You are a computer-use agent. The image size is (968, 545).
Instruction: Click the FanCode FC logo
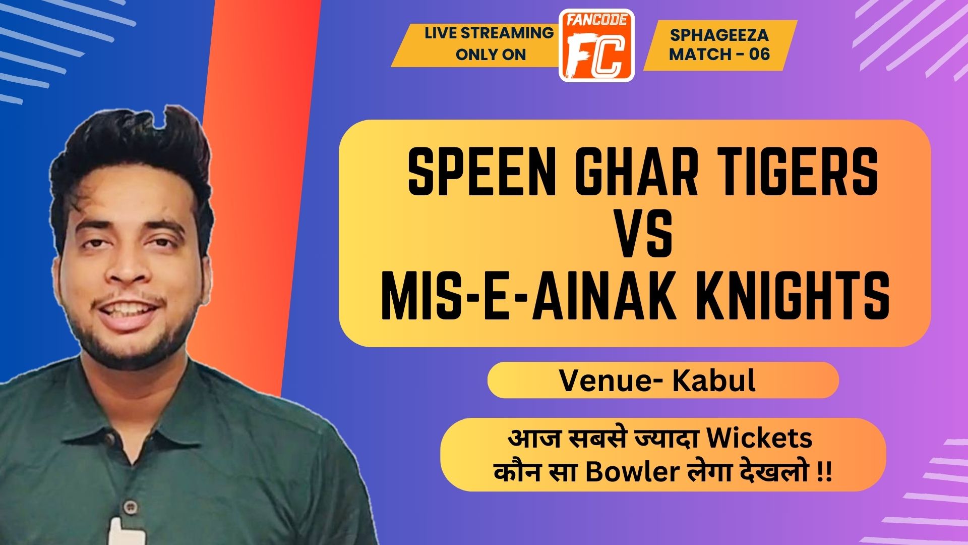click(597, 45)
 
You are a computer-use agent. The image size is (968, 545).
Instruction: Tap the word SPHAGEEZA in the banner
click(719, 35)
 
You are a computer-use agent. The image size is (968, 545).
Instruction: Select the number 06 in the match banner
click(759, 53)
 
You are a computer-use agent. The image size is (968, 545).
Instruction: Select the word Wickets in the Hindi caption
click(759, 438)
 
